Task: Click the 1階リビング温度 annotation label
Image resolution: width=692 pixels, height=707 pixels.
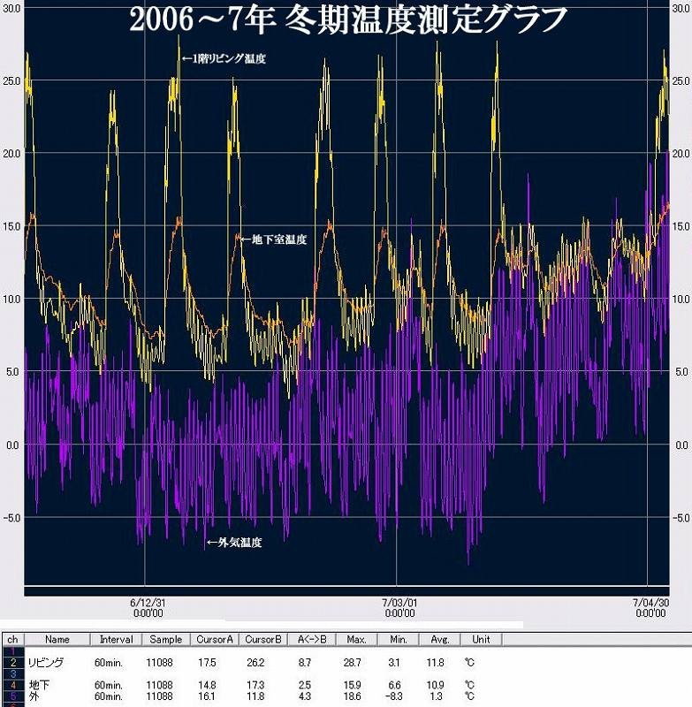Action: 225,59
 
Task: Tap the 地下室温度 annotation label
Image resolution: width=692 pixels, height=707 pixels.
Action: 273,239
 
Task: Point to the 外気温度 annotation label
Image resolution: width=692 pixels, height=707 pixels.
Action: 234,543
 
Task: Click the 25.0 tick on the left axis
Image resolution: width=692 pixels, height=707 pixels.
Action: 11,81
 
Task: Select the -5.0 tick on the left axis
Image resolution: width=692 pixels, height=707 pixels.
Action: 11,517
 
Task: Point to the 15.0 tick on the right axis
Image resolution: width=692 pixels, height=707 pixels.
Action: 681,226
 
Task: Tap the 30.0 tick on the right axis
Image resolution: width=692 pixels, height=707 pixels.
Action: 681,8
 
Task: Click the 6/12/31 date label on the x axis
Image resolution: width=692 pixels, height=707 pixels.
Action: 148,602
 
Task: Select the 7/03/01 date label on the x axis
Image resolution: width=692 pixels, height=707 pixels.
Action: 399,602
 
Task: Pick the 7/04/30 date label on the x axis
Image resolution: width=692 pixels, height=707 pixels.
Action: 651,602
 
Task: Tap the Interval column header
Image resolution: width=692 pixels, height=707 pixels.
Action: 116,639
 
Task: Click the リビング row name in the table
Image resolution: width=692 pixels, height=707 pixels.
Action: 46,661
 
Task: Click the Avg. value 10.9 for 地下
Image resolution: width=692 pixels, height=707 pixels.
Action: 436,684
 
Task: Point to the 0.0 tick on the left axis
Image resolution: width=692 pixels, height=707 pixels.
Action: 12,445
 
